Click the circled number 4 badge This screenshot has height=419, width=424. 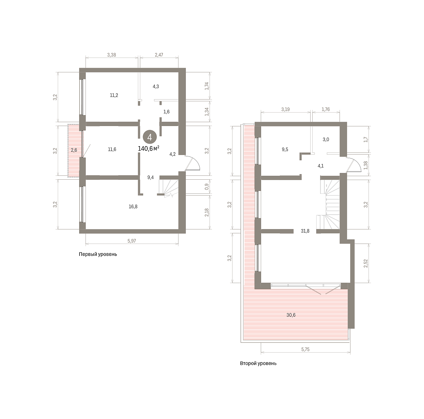click(149, 137)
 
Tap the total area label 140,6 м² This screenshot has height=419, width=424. click(148, 149)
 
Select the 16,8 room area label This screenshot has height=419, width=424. click(133, 206)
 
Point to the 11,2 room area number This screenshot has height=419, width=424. click(114, 95)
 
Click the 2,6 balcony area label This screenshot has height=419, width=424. click(74, 150)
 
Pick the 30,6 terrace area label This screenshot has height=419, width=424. click(291, 315)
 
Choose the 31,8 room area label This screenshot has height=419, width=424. click(305, 231)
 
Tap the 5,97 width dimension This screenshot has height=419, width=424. click(131, 241)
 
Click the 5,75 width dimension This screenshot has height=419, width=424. click(305, 349)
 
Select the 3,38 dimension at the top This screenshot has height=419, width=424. click(112, 55)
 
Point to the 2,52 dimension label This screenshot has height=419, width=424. click(366, 263)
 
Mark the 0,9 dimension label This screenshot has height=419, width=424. click(206, 187)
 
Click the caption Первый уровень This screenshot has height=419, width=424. click(98, 255)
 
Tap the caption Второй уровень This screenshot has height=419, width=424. click(258, 363)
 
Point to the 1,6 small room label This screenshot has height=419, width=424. click(166, 112)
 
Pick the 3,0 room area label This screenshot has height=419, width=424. click(326, 139)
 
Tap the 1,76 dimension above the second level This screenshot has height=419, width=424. click(326, 109)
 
